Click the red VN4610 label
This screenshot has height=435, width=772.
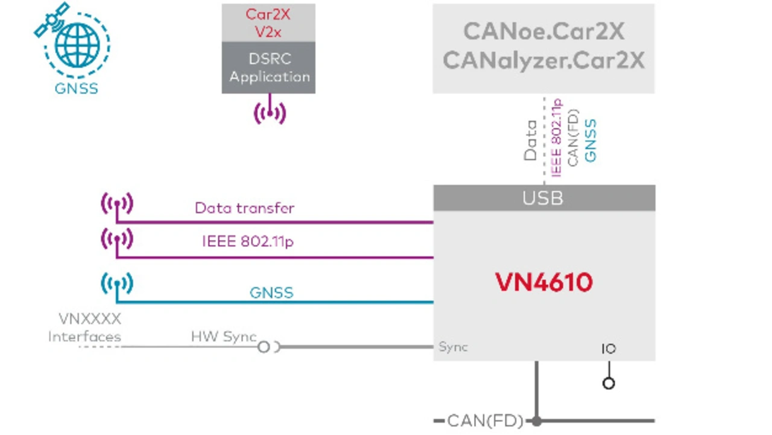[544, 282]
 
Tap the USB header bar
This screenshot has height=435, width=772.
[543, 198]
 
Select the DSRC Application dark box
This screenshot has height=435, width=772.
[268, 68]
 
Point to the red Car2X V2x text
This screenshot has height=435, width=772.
[268, 22]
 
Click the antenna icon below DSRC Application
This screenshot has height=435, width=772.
[269, 112]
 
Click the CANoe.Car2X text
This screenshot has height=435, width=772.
[543, 31]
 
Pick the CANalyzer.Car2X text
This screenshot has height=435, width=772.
[543, 60]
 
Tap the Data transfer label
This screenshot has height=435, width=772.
[244, 208]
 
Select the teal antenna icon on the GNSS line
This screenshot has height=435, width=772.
[117, 284]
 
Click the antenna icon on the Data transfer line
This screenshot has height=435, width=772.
[117, 204]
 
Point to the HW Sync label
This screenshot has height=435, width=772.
[224, 337]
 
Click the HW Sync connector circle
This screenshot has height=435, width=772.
[264, 347]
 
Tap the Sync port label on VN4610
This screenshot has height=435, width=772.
[453, 347]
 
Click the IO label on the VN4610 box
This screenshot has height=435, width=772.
[609, 349]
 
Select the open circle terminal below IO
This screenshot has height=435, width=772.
[609, 383]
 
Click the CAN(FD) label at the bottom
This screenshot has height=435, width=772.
[486, 421]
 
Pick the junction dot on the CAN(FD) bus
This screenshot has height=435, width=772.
[536, 421]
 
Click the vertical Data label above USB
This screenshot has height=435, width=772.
[531, 140]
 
